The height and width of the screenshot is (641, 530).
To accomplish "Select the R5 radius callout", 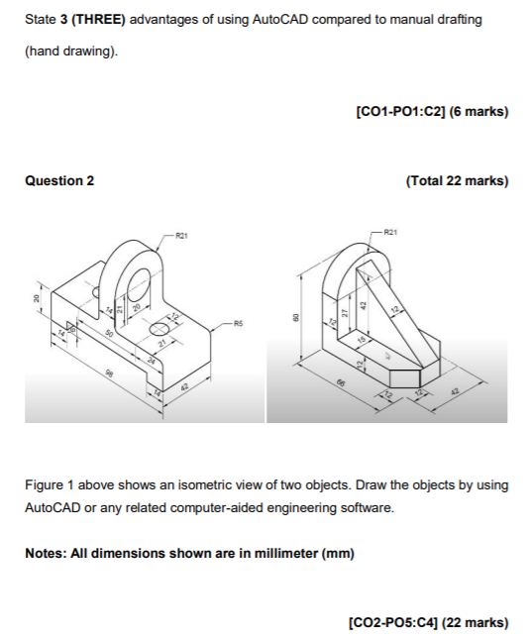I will coord(239,322).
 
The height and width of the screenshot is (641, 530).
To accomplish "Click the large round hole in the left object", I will coord(137,289).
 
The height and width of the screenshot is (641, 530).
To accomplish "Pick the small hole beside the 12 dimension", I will coord(159,328).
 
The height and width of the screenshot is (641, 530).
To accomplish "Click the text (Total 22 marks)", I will coord(457,180).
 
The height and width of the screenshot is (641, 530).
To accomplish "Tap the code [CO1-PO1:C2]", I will coord(399,113).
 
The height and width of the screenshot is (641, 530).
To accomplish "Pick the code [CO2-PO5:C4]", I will coord(398,622).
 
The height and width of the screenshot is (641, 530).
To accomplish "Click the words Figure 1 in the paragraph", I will coord(48,485).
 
